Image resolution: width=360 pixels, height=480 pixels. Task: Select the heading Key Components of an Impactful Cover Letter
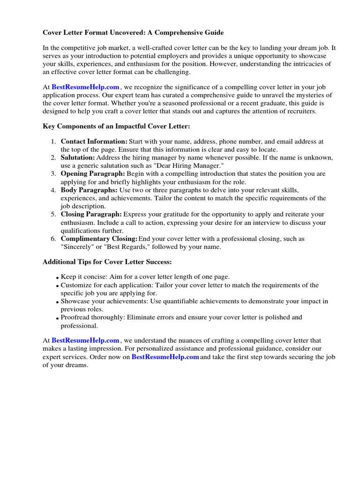[116, 127]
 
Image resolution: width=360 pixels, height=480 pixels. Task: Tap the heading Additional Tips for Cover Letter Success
[107, 261]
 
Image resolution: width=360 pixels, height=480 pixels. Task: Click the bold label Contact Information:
[94, 142]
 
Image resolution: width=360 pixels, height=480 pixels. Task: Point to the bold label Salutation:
[78, 157]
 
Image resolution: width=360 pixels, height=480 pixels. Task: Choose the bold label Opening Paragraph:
[93, 174]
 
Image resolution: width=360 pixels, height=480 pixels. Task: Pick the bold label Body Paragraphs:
[89, 190]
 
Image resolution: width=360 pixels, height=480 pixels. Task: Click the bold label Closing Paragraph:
[91, 214]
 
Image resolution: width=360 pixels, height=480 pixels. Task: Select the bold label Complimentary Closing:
[99, 239]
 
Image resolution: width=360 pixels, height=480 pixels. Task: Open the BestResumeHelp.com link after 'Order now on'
[165, 357]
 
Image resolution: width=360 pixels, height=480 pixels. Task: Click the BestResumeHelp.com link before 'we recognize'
[85, 87]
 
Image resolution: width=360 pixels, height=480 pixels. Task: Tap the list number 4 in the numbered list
[53, 190]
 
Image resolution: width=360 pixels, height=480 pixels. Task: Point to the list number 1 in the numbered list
[53, 142]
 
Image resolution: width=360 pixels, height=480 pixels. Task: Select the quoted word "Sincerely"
[78, 247]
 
